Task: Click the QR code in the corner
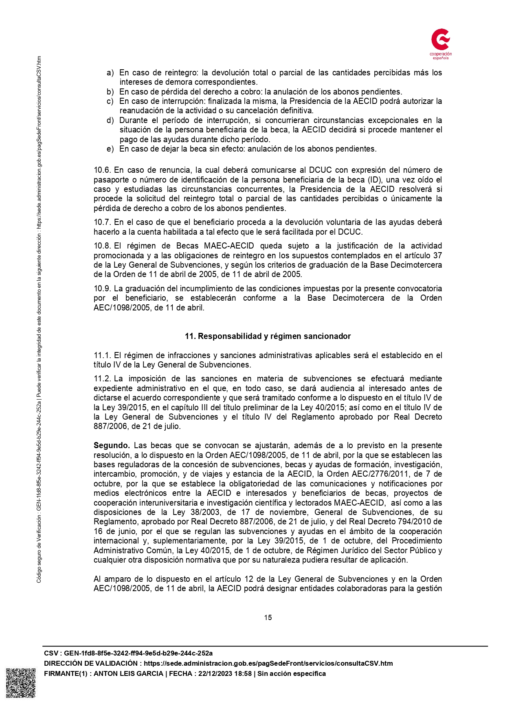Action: pos(21,683)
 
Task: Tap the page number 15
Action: pos(268,617)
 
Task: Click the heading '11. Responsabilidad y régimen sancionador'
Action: pos(268,336)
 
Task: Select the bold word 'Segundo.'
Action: pos(112,445)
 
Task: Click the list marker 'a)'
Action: pos(110,73)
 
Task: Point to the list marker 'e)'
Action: pos(110,149)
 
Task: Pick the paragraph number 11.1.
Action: pos(102,355)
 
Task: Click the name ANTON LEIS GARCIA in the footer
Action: pos(128,673)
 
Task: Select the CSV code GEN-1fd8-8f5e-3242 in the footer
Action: pos(138,653)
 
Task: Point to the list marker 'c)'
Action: pos(110,101)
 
